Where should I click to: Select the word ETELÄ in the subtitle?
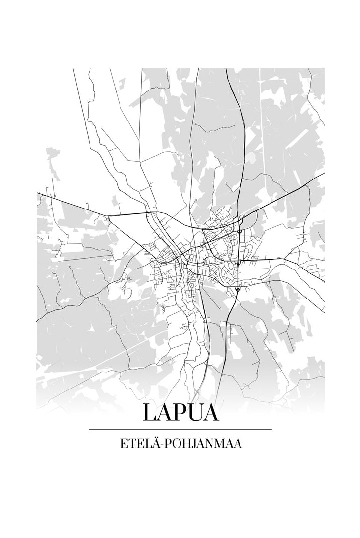click(x=139, y=444)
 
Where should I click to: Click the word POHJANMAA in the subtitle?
click(x=203, y=444)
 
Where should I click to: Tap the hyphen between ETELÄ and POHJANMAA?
click(x=162, y=445)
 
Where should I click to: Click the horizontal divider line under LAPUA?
click(x=180, y=429)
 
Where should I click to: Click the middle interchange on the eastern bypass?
click(x=238, y=262)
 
